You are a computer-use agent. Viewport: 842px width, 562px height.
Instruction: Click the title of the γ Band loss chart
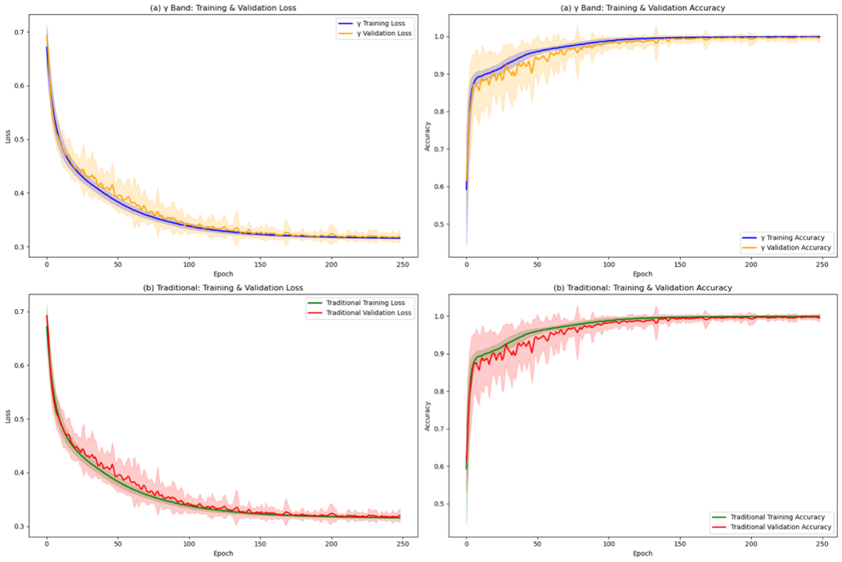click(223, 7)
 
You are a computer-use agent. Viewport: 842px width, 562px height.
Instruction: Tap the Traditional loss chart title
click(223, 288)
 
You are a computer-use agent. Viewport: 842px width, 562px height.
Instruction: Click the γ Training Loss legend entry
click(375, 23)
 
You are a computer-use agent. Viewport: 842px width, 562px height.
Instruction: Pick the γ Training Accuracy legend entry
click(786, 237)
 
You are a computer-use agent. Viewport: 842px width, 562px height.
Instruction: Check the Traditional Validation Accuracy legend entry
click(778, 528)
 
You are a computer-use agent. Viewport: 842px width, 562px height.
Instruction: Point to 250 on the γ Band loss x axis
click(402, 265)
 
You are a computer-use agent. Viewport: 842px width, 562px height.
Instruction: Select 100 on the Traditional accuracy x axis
click(607, 545)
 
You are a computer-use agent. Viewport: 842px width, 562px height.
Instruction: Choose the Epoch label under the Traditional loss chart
click(223, 554)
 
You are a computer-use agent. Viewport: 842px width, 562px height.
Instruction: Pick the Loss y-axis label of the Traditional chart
click(7, 415)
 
